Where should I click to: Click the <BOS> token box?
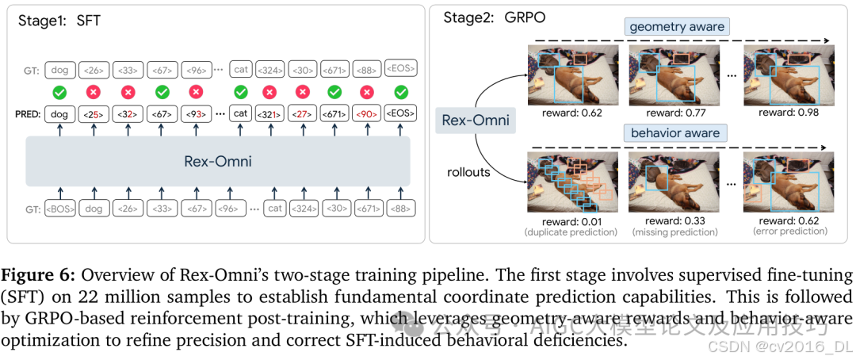click(60, 209)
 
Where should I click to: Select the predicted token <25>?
click(94, 113)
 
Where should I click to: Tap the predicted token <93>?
click(197, 113)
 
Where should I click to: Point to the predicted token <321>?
click(269, 113)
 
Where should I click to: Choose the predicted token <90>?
click(366, 113)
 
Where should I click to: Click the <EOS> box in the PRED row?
click(400, 113)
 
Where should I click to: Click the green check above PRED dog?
click(60, 92)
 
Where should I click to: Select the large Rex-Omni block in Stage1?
click(218, 162)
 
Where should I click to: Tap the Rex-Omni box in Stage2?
click(475, 121)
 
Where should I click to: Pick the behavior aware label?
click(675, 132)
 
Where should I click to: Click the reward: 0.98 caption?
click(786, 113)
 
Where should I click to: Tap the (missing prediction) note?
click(675, 232)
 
